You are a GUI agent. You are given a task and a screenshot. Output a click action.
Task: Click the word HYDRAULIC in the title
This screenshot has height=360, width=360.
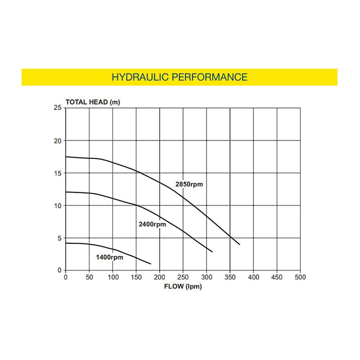point(139,77)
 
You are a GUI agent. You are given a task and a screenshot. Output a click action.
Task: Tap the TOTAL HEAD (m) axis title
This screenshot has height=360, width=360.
point(93,102)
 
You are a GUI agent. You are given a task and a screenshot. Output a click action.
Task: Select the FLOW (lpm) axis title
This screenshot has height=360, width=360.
point(182,287)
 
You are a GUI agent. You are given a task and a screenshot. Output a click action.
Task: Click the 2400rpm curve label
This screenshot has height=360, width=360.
point(153,224)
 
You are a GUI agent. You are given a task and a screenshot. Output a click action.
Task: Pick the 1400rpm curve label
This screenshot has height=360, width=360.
point(109,257)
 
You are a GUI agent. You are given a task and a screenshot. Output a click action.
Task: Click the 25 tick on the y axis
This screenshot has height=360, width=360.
point(57,108)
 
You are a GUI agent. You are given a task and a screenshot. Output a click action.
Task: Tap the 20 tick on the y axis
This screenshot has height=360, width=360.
point(57,140)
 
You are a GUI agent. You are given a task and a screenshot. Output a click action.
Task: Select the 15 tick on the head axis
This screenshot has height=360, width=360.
point(57,173)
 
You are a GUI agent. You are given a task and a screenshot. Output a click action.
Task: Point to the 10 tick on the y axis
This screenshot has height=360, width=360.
point(57,206)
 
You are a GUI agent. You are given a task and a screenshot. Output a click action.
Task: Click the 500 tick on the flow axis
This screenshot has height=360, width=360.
point(300,277)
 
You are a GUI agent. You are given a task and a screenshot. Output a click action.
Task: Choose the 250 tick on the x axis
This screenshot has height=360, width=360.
point(183,277)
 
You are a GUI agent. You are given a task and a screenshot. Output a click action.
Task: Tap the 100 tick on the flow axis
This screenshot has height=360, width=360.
point(112,277)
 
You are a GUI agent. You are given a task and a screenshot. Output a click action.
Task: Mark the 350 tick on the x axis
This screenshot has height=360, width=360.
point(230,277)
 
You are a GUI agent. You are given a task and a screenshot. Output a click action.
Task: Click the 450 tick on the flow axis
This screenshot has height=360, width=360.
point(277,277)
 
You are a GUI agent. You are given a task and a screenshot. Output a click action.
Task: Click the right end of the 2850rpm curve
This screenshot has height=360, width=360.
point(240,244)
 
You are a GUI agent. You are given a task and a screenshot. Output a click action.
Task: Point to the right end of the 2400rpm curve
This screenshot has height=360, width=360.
point(212,252)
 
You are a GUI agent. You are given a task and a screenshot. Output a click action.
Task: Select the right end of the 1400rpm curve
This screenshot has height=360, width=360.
point(151,264)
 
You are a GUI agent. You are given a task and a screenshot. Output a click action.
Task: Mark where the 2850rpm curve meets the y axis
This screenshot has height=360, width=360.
point(66,157)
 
